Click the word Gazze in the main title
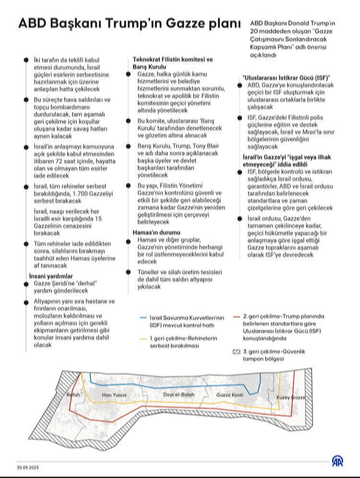pyautogui.click(x=179, y=24)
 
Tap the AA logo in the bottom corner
pyautogui.click(x=337, y=461)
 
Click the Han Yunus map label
pyautogui.click(x=115, y=395)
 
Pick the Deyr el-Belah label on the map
pyautogui.click(x=179, y=395)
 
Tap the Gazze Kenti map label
pyautogui.click(x=230, y=395)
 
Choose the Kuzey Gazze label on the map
pyautogui.click(x=291, y=398)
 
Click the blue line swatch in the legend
pyautogui.click(x=143, y=318)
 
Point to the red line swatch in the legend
pyautogui.click(x=236, y=317)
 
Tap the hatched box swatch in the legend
pyautogui.click(x=236, y=352)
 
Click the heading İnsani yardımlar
pyautogui.click(x=51, y=276)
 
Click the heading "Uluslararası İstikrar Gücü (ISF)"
pyautogui.click(x=287, y=77)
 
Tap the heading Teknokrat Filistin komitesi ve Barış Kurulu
pyautogui.click(x=172, y=63)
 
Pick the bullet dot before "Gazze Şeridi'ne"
pyautogui.click(x=25, y=284)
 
